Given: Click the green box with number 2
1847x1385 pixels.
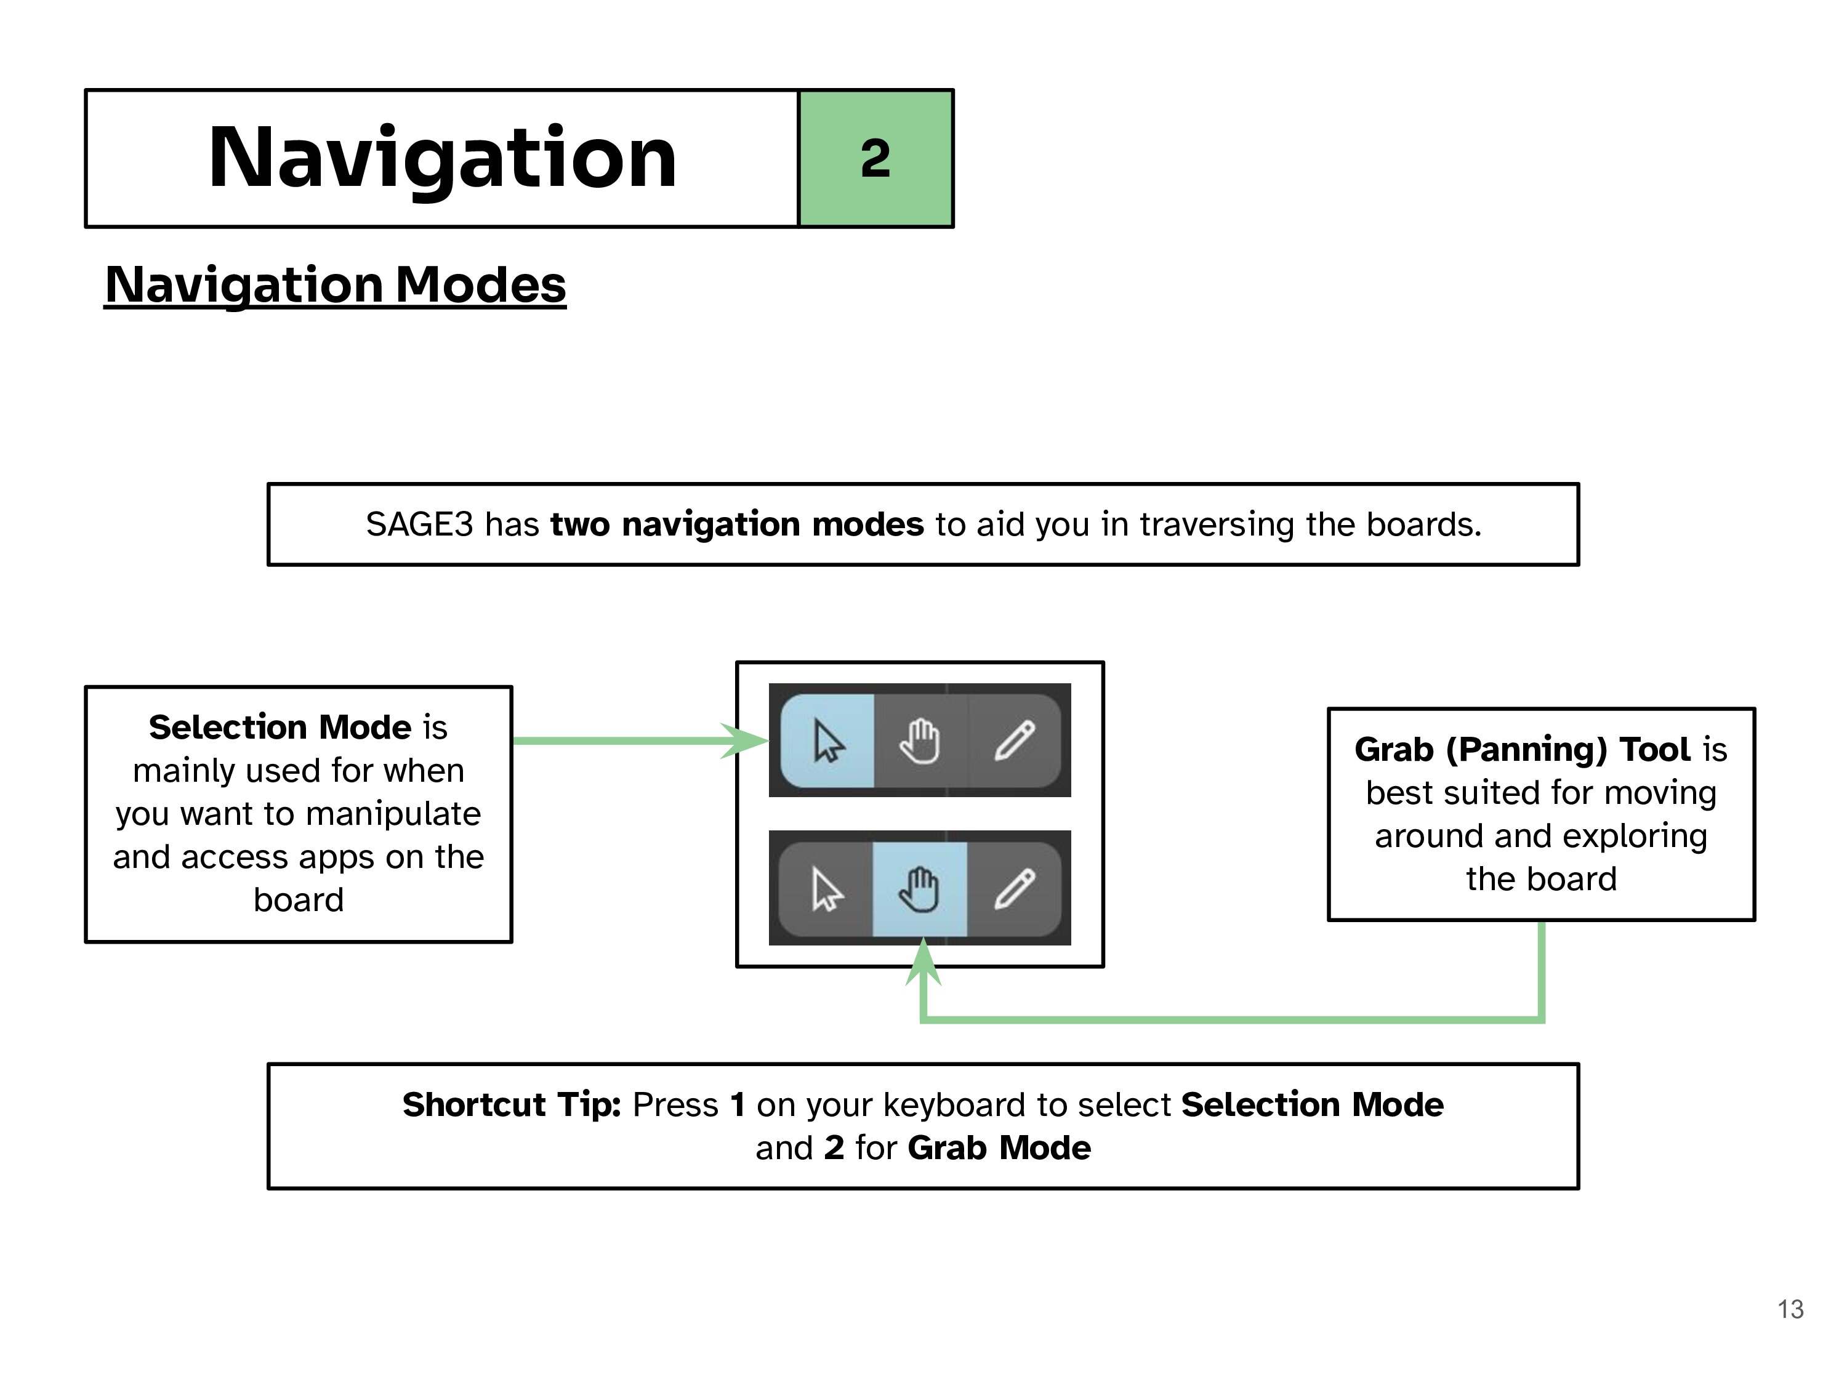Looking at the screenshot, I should pos(875,158).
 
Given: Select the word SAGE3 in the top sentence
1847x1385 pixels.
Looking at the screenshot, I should pos(419,524).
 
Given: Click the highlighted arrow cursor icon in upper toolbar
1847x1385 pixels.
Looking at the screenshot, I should pos(828,741).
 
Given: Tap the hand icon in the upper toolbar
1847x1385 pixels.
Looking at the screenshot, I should pos(920,741).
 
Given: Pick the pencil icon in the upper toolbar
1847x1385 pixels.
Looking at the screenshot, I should pos(1015,741).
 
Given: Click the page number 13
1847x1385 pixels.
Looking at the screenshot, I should pos(1790,1309).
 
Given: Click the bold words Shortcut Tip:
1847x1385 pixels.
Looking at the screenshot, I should pos(511,1104).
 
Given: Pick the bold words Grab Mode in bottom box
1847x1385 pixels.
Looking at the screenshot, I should pos(999,1148).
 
